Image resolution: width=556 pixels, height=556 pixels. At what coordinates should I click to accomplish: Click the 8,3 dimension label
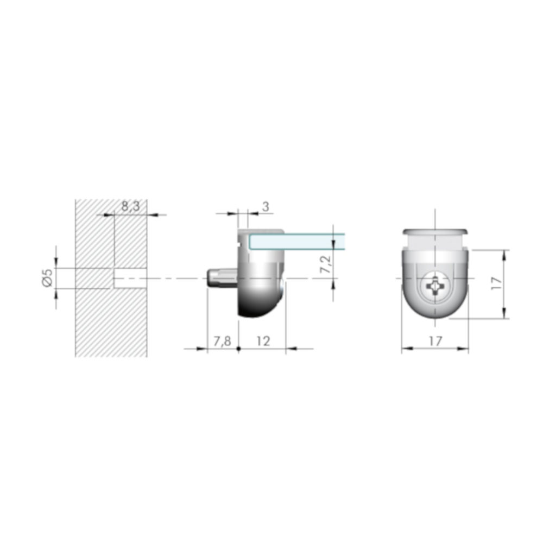tap(130, 206)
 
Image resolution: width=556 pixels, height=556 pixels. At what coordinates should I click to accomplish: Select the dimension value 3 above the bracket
tap(266, 206)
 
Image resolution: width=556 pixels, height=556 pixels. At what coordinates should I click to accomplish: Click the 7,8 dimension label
tap(222, 341)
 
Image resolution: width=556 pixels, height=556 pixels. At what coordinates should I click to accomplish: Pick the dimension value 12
tap(263, 341)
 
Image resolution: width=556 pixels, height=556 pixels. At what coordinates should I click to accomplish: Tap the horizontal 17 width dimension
tap(435, 341)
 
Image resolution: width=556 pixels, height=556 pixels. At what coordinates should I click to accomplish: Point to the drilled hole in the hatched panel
tap(130, 277)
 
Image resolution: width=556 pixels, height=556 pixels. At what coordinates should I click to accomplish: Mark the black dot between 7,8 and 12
tap(238, 349)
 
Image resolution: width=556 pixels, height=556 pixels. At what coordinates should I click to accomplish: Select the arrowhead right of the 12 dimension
tap(290, 349)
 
